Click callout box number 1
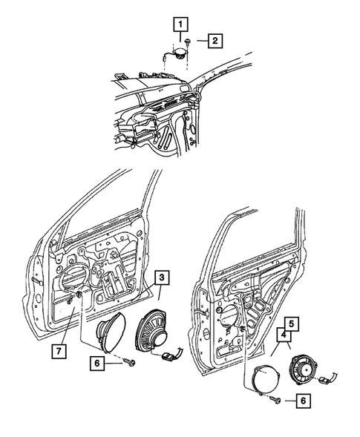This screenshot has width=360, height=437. click(x=179, y=24)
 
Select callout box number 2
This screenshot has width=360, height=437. click(x=213, y=41)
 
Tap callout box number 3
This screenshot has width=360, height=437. click(x=161, y=280)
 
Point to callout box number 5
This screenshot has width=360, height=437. click(x=292, y=323)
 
